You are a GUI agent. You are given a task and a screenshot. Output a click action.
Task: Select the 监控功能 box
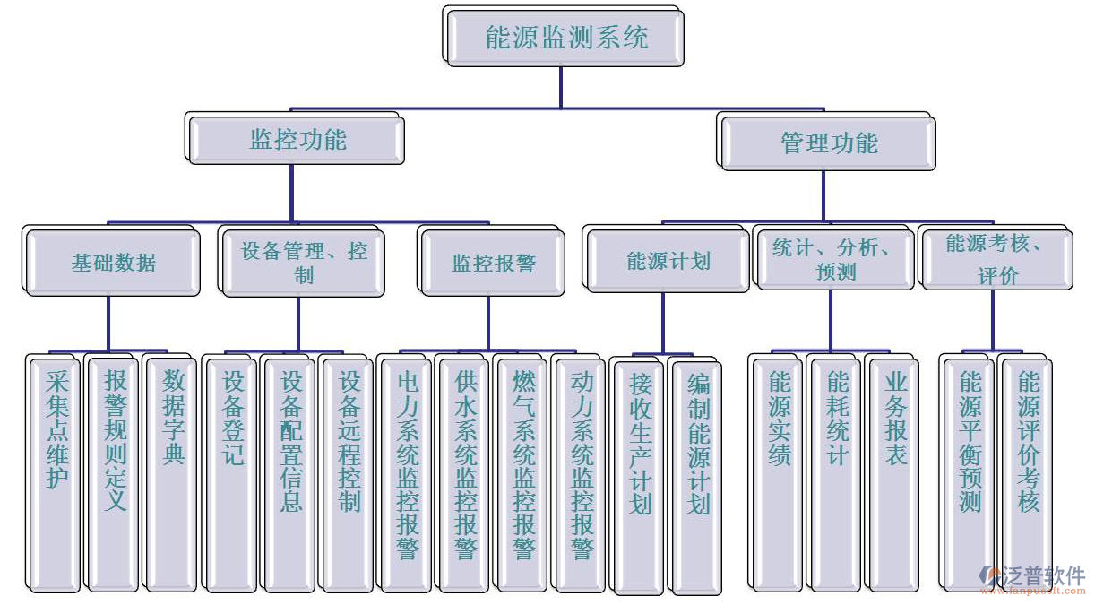pyautogui.click(x=297, y=141)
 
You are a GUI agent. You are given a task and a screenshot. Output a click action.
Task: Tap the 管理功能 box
pyautogui.click(x=829, y=143)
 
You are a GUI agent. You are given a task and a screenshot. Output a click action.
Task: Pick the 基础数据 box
pyautogui.click(x=114, y=264)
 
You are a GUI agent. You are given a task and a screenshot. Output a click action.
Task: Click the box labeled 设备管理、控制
pyautogui.click(x=304, y=263)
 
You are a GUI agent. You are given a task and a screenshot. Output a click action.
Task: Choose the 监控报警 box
pyautogui.click(x=493, y=264)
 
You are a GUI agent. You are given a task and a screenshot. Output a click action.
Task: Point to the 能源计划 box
pyautogui.click(x=668, y=261)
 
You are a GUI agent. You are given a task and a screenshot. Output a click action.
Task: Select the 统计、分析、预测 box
pyautogui.click(x=836, y=260)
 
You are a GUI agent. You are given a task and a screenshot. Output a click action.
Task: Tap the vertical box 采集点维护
pyautogui.click(x=56, y=473)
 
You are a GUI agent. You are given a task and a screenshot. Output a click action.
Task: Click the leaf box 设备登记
pyautogui.click(x=232, y=473)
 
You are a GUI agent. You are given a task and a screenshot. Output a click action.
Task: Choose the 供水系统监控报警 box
pyautogui.click(x=465, y=473)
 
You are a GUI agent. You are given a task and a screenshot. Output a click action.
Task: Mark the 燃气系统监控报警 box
pyautogui.click(x=523, y=473)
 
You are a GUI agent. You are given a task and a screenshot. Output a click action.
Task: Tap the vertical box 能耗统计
pyautogui.click(x=836, y=473)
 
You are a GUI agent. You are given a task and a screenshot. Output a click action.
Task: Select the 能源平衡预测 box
pyautogui.click(x=970, y=473)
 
